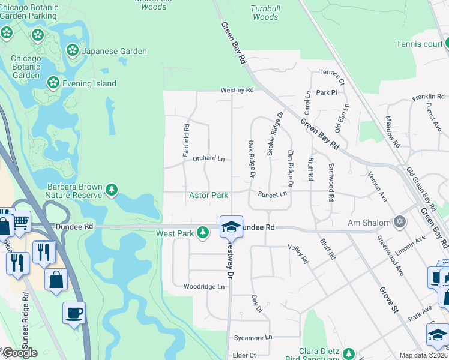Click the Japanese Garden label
coord(114,51)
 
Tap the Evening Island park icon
coord(53,82)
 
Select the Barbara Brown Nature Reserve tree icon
coord(112,191)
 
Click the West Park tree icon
coord(203,232)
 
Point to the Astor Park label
coord(208,196)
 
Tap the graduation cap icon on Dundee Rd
coord(231,226)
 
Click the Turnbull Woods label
coord(265,13)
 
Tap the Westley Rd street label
coord(237,91)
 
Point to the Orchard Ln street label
coord(208,159)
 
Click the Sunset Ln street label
coord(273,194)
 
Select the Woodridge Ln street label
coord(204,287)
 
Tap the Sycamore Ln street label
coord(253,338)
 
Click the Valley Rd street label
coord(298,254)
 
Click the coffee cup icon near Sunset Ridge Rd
coord(74,313)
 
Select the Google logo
coord(20,353)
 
